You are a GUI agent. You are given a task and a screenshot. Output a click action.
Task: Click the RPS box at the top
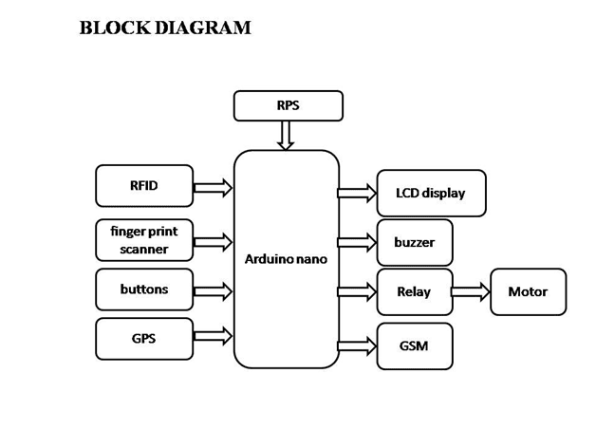(x=288, y=105)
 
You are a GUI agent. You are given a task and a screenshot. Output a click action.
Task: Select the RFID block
(x=144, y=186)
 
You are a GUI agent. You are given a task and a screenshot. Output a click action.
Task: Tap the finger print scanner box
(x=144, y=240)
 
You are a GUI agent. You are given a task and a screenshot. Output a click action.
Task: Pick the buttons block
(x=144, y=289)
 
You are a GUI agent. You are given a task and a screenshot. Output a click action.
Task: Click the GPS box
(x=144, y=339)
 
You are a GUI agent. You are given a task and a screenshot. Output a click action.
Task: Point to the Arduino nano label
(x=286, y=259)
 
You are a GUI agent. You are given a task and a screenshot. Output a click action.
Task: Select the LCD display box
(x=431, y=194)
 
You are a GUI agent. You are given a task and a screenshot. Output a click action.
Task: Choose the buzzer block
(x=415, y=242)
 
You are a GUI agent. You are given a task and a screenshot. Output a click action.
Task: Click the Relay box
(x=415, y=291)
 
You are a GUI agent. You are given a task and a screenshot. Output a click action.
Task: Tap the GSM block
(x=415, y=345)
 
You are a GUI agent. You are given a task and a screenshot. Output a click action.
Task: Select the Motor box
(x=528, y=291)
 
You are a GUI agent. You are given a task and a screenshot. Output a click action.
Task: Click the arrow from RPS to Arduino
(x=287, y=135)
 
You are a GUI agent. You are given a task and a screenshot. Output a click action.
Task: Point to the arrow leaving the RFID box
(x=213, y=187)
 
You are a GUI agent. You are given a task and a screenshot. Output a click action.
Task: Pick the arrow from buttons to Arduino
(x=213, y=289)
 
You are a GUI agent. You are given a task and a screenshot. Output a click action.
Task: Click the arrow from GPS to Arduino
(x=213, y=336)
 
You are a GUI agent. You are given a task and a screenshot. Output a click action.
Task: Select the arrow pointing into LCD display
(x=357, y=194)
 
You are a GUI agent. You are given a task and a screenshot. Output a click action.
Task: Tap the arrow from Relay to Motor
(x=470, y=291)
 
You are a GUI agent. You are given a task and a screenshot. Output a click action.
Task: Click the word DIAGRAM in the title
(x=199, y=28)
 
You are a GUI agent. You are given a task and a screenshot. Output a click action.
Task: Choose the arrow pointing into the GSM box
(x=357, y=345)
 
